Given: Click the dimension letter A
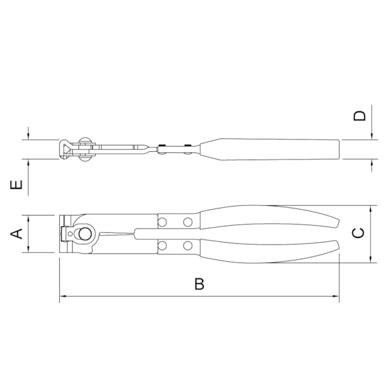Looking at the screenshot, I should (x=19, y=233).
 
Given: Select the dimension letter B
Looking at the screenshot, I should (x=199, y=284).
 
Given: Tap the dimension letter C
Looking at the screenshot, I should (x=359, y=233).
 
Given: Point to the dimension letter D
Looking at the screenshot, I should (x=360, y=116).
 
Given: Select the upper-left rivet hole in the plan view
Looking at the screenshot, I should (x=162, y=222).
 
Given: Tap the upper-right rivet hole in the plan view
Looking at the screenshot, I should (x=187, y=222).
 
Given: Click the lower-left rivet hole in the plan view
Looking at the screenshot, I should (x=162, y=245).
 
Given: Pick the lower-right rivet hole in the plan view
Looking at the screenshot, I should (x=187, y=245).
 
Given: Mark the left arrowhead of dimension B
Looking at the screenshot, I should (x=62, y=297).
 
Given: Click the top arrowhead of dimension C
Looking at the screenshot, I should (x=372, y=209).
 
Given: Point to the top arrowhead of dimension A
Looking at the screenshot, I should (x=30, y=217).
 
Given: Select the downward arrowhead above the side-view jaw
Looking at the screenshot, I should (x=30, y=137).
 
